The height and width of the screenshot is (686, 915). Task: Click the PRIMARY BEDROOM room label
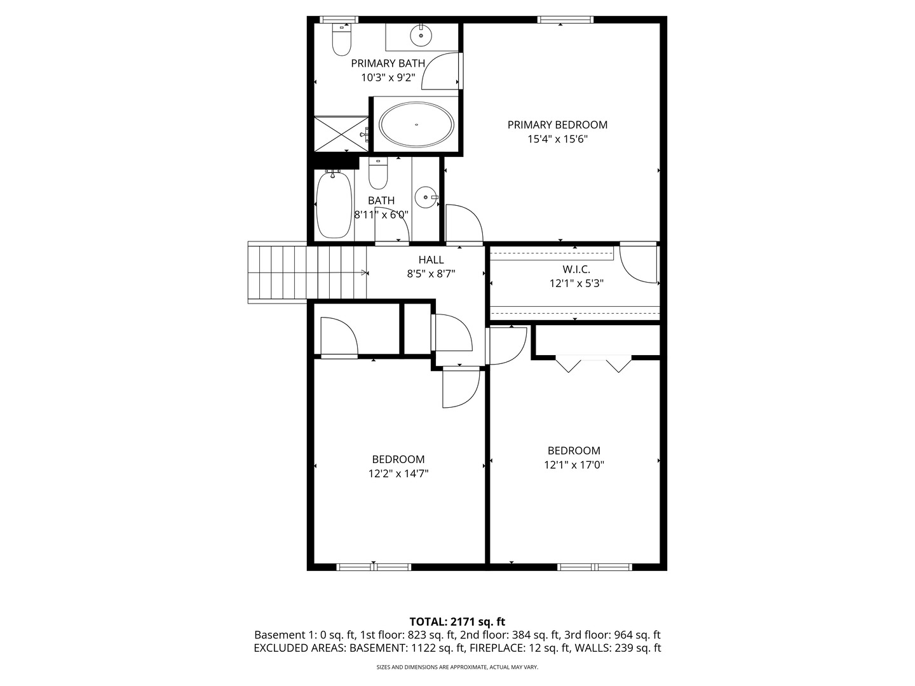pyautogui.click(x=557, y=125)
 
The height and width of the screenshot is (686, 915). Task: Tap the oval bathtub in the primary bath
pyautogui.click(x=416, y=124)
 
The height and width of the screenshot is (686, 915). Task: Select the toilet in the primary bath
pyautogui.click(x=341, y=39)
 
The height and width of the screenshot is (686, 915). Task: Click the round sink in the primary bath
pyautogui.click(x=421, y=35)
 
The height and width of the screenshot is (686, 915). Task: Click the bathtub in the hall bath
pyautogui.click(x=334, y=205)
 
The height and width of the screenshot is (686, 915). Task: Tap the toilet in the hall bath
pyautogui.click(x=378, y=173)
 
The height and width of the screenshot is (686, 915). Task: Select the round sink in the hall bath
pyautogui.click(x=426, y=197)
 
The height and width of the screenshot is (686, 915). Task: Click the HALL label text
pyautogui.click(x=431, y=260)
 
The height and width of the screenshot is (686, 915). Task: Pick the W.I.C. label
pyautogui.click(x=576, y=269)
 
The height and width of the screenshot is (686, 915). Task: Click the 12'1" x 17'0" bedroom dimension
pyautogui.click(x=574, y=465)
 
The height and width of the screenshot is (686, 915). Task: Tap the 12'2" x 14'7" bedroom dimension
pyautogui.click(x=398, y=474)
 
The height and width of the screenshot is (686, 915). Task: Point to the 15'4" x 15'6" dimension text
pyautogui.click(x=557, y=139)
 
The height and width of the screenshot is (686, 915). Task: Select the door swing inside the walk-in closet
pyautogui.click(x=638, y=264)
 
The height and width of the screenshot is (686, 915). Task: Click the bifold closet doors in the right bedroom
pyautogui.click(x=593, y=363)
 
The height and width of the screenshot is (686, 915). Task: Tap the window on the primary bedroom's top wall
pyautogui.click(x=565, y=20)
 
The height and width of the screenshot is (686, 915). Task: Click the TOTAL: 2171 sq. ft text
pyautogui.click(x=457, y=622)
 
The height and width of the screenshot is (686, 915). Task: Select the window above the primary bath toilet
pyautogui.click(x=339, y=20)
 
